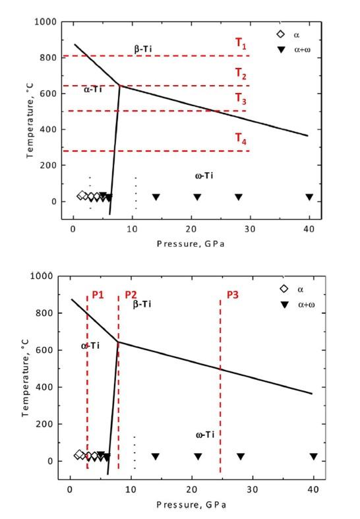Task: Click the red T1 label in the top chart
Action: pyautogui.click(x=241, y=44)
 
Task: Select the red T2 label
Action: pyautogui.click(x=241, y=76)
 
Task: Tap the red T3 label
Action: pyautogui.click(x=241, y=100)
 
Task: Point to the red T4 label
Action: pyautogui.click(x=241, y=138)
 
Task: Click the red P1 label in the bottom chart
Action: pyautogui.click(x=98, y=294)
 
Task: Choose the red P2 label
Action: pyautogui.click(x=130, y=294)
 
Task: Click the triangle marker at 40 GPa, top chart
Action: pyautogui.click(x=309, y=197)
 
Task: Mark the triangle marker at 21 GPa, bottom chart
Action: pyautogui.click(x=198, y=456)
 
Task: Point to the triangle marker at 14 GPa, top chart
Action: pyautogui.click(x=156, y=197)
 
